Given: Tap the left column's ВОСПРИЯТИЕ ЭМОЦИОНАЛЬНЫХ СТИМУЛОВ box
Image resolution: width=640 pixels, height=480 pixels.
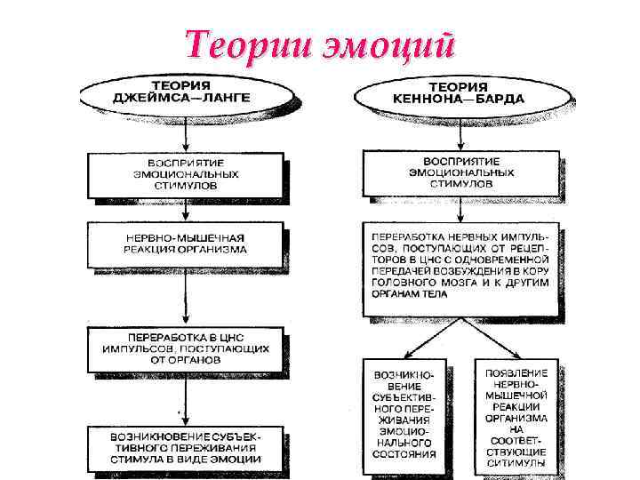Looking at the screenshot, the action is (x=186, y=173).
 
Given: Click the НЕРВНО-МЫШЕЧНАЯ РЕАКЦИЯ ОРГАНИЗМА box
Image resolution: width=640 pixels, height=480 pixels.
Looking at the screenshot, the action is (x=186, y=244).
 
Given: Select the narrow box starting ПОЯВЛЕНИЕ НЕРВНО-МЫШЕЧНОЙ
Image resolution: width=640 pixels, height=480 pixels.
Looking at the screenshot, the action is (x=516, y=413).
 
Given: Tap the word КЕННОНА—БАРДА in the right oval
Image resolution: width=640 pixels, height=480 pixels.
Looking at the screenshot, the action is (x=459, y=99).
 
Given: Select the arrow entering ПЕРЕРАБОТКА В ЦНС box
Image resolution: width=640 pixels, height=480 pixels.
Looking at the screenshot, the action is (x=186, y=302).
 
